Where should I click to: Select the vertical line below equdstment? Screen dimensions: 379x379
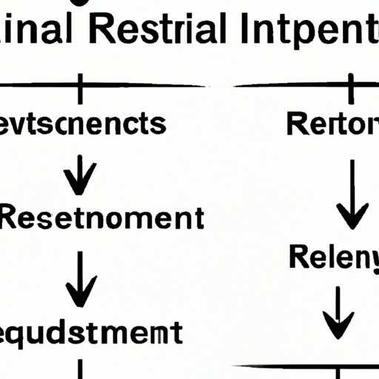coord(79,369)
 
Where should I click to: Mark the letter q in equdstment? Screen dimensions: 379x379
coord(23,334)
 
